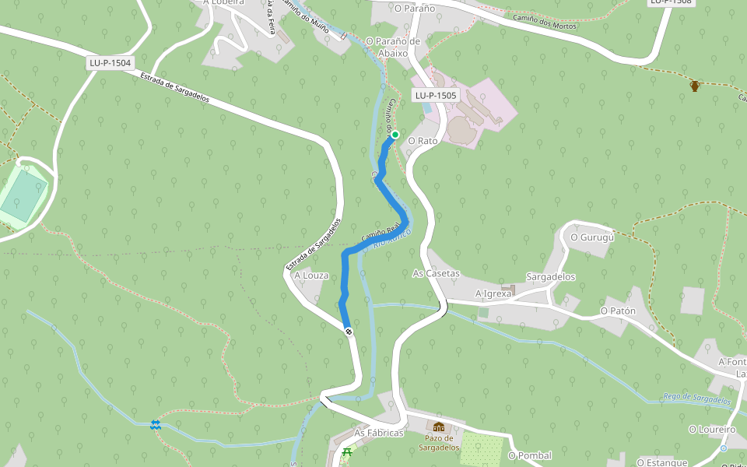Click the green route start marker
coord(395,135)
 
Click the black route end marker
coord(349,332)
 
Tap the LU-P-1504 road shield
coord(110,63)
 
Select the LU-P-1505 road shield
coord(436,95)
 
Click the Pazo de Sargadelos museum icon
coord(439,427)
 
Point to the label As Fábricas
coord(379,433)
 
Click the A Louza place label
coord(311,276)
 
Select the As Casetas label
coord(437,274)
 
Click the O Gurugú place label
coord(592,237)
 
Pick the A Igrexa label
coord(493,293)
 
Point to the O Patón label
coord(618,311)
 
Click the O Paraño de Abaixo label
coord(393,47)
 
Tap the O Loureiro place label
coord(712,429)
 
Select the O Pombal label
coord(530,455)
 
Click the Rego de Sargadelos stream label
coord(697,399)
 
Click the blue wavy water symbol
coord(156,424)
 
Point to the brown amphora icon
coord(695,85)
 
